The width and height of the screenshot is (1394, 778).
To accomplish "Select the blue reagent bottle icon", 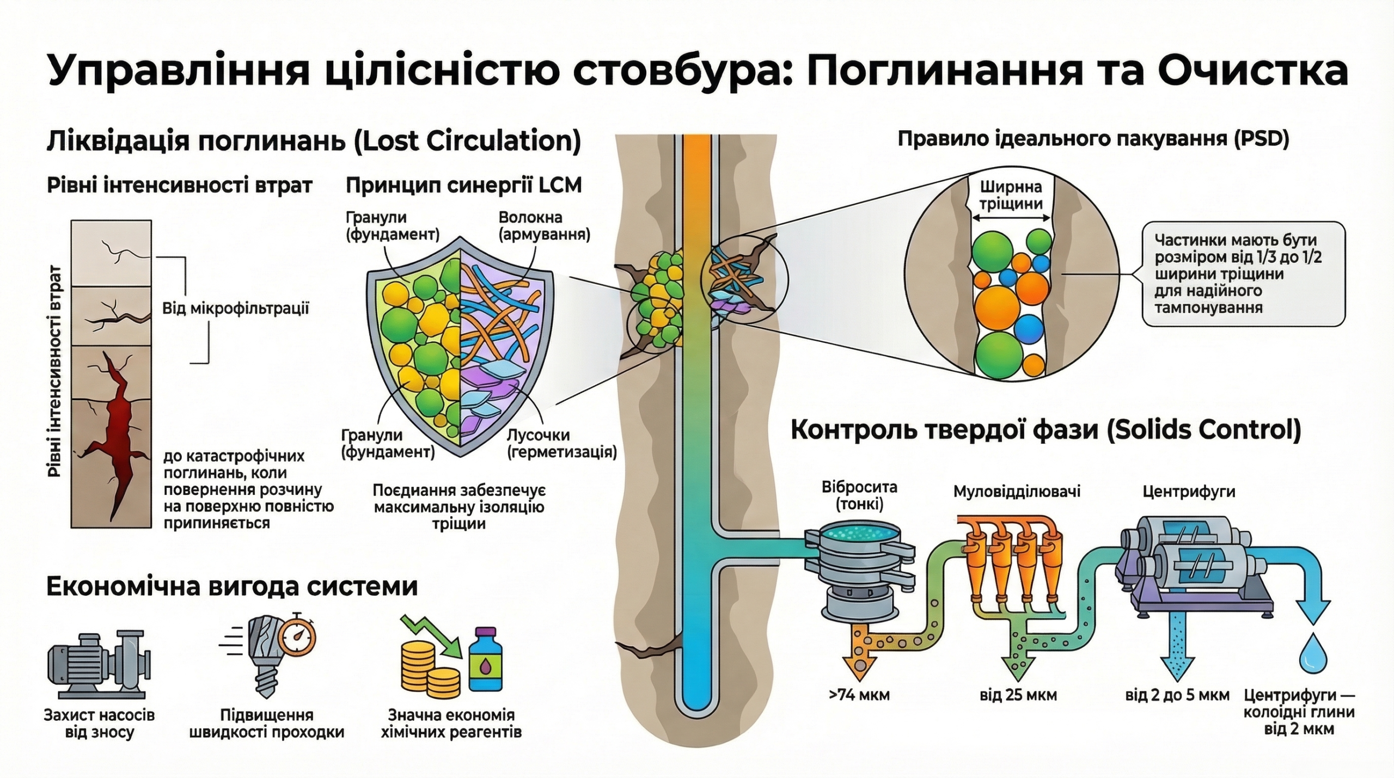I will point(485,660).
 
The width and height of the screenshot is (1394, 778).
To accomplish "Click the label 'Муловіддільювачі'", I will point(1017,492).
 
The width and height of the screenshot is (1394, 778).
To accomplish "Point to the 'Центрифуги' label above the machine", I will point(1188,492).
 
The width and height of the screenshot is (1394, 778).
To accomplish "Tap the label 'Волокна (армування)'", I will point(544,226).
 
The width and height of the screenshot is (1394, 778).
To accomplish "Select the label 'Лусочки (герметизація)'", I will point(561,444).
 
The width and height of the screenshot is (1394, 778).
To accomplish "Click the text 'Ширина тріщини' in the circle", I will point(1011,195).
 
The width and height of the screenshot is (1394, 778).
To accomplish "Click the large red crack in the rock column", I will point(118,425).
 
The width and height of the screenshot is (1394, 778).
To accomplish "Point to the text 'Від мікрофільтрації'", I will point(235,309).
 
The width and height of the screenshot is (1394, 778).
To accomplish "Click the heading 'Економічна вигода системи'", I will point(232,587).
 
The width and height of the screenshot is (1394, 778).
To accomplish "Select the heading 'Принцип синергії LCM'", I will point(463,186).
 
